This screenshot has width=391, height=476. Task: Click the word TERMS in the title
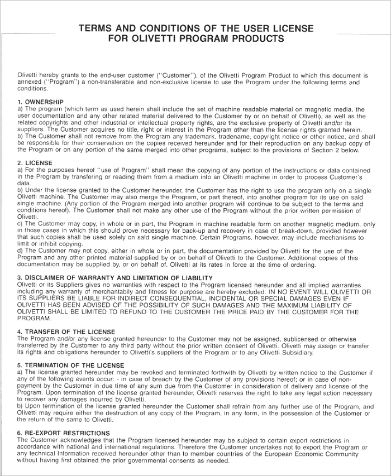[x=97, y=29]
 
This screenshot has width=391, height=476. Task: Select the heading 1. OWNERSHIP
[x=40, y=102]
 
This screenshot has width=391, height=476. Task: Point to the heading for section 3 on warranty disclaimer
[x=115, y=277]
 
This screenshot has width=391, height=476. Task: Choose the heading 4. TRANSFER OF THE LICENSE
[x=66, y=332]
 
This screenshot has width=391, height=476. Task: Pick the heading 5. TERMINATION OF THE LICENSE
[x=70, y=365]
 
